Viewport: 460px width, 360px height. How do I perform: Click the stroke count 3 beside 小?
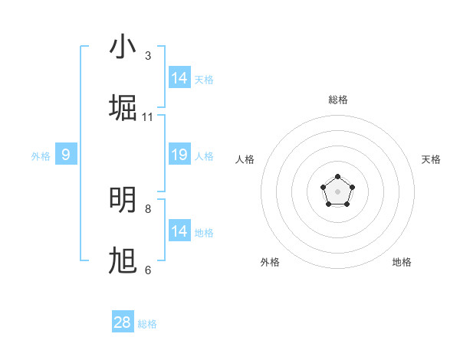pyautogui.click(x=148, y=56)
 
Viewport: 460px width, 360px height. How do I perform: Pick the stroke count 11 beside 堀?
pyautogui.click(x=148, y=117)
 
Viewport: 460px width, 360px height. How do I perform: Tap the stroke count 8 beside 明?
pyautogui.click(x=148, y=208)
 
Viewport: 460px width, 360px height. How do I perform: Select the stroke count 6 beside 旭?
pyautogui.click(x=148, y=270)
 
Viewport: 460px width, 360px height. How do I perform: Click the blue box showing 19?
pyautogui.click(x=179, y=155)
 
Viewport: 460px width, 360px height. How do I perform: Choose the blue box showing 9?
pyautogui.click(x=66, y=155)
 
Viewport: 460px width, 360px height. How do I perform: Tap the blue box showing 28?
pyautogui.click(x=123, y=322)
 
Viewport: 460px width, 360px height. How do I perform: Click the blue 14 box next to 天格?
pyautogui.click(x=179, y=78)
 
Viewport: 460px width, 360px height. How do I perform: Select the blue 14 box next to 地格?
pyautogui.click(x=179, y=231)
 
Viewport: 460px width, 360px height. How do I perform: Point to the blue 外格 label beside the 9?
pyautogui.click(x=41, y=156)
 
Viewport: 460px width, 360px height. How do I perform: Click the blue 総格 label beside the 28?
pyautogui.click(x=147, y=324)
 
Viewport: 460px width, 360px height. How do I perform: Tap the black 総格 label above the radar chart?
pyautogui.click(x=338, y=100)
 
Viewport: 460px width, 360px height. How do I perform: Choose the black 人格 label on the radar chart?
pyautogui.click(x=245, y=159)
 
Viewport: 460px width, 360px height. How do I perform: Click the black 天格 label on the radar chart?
pyautogui.click(x=431, y=159)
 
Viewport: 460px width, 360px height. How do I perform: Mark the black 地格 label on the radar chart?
pyautogui.click(x=402, y=262)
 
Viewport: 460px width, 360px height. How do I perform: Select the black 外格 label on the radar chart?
pyautogui.click(x=270, y=262)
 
